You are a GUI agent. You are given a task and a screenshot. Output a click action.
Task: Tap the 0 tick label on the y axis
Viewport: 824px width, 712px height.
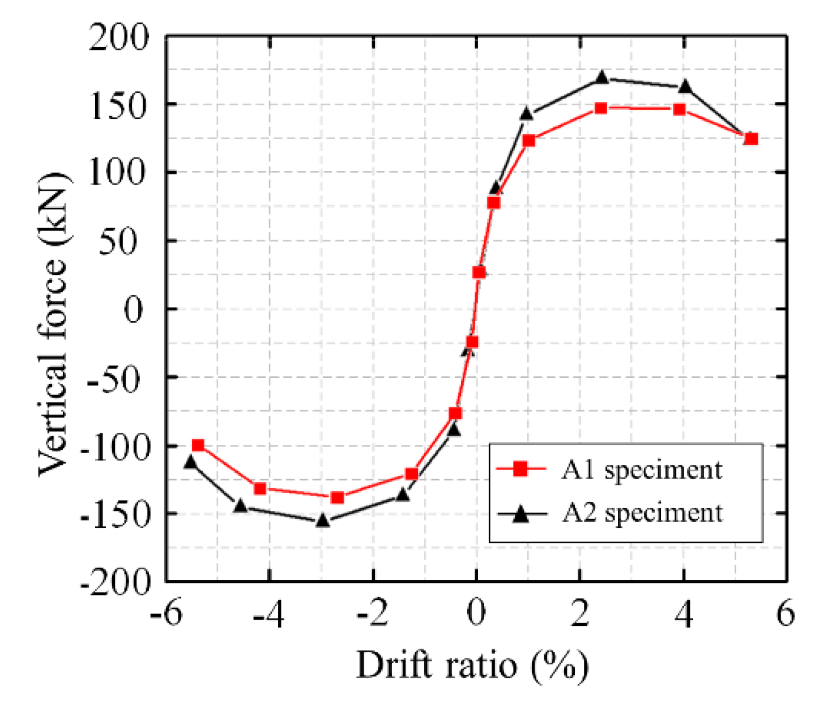tap(134, 310)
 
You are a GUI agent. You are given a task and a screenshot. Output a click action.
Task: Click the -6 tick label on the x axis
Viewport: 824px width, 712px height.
tap(166, 613)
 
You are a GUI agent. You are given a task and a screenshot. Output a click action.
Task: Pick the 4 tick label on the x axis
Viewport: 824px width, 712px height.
tap(684, 613)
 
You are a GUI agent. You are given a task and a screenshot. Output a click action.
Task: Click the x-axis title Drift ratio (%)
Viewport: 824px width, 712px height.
tap(472, 665)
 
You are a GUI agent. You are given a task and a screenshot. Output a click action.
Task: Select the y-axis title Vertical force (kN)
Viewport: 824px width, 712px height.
tap(54, 324)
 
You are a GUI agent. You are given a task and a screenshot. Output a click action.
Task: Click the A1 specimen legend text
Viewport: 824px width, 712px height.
tap(642, 470)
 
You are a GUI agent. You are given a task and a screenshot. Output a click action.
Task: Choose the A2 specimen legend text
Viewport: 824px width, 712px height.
tap(642, 513)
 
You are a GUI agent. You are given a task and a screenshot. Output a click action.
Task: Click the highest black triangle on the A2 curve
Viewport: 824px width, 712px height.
tap(602, 78)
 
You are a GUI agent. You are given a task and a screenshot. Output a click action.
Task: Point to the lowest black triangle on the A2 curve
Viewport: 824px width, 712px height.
tap(322, 519)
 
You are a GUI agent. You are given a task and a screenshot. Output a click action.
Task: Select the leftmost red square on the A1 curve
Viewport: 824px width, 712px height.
tap(198, 445)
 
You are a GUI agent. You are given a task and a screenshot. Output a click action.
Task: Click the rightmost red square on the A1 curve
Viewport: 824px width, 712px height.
tap(751, 139)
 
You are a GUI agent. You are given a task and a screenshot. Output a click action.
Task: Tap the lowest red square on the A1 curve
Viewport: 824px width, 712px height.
tap(338, 497)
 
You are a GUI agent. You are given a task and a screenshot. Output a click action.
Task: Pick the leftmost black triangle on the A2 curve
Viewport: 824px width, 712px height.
tap(190, 462)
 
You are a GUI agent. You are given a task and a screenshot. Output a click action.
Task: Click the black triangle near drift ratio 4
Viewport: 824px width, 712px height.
tap(685, 87)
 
